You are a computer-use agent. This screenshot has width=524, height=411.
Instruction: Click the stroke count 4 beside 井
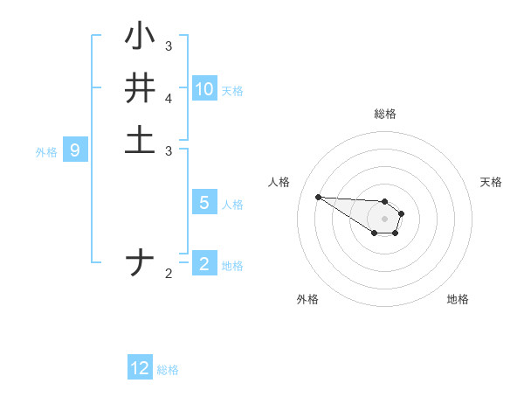[169, 101]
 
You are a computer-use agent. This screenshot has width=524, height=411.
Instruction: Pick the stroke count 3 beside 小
[169, 45]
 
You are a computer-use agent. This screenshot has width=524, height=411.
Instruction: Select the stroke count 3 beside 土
[169, 150]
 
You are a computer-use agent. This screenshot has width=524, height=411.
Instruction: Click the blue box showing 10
[204, 89]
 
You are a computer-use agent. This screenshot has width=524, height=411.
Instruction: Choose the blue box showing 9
[75, 150]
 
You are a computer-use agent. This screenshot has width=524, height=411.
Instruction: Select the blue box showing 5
[204, 203]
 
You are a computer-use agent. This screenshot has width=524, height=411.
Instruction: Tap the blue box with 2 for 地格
[204, 263]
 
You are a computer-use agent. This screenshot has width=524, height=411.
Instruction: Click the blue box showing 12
[140, 368]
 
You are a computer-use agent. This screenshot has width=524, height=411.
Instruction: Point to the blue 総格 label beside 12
[168, 370]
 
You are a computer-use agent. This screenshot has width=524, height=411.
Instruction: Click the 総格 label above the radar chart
[385, 114]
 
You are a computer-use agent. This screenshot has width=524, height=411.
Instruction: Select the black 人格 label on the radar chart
[279, 182]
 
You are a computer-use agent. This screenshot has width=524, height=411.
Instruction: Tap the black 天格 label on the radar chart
[491, 182]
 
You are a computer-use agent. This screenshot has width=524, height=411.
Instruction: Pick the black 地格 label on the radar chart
[458, 299]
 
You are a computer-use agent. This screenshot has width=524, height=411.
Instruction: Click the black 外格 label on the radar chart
[307, 299]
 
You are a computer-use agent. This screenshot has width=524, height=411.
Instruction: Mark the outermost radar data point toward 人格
[318, 197]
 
